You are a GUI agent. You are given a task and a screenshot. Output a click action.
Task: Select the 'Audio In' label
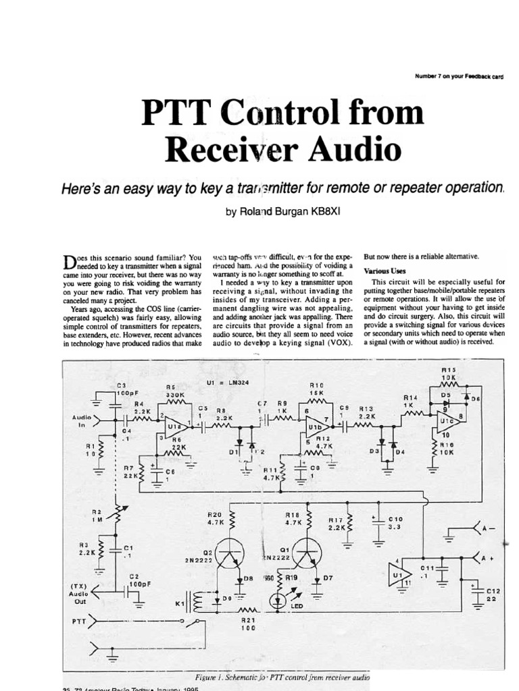82,422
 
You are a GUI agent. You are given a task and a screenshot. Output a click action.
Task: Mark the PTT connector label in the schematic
79,618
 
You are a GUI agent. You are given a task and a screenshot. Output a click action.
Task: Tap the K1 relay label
180,603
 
